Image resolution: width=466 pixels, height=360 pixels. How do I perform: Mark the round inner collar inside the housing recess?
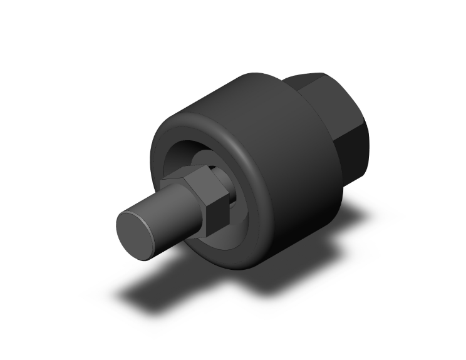pos(207,160)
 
